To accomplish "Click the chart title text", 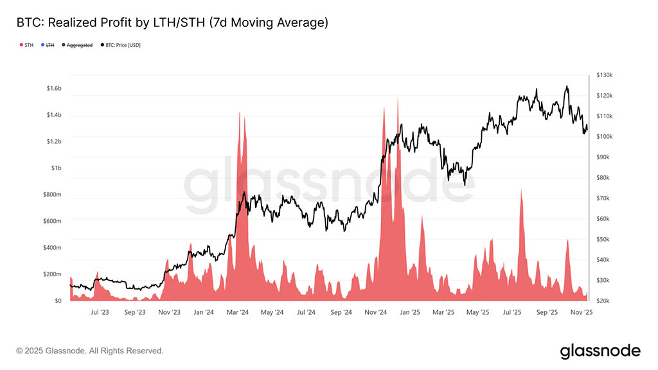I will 172,23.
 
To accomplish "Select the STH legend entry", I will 26,45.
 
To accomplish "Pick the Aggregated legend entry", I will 78,45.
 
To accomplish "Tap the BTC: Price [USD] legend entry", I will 121,45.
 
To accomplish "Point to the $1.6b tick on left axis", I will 53,88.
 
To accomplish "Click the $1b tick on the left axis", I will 57,168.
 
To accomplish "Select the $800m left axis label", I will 53,195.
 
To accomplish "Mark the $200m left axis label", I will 53,274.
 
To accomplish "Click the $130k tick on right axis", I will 605,75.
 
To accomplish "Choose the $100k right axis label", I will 605,137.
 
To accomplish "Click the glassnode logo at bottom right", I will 600,351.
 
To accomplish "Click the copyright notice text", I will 90,351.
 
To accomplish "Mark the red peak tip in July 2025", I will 521,189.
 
